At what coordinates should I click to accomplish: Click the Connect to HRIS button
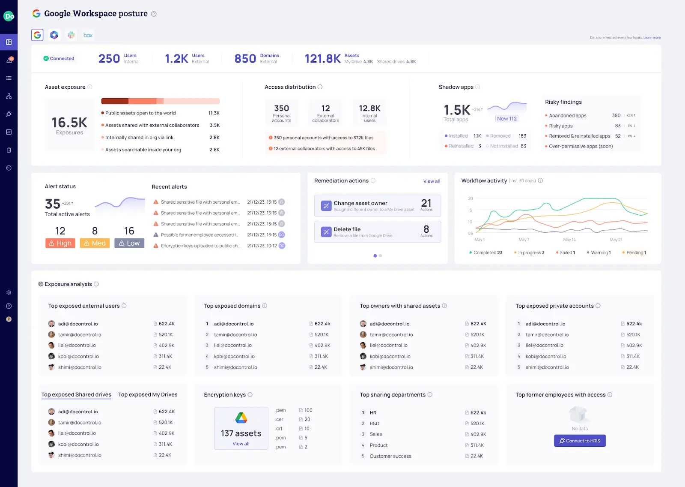580,441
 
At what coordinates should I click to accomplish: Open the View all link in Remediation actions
432,181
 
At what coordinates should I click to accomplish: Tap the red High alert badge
60,243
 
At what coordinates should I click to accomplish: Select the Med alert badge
95,243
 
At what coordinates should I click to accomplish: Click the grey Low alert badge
129,243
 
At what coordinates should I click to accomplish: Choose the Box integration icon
88,35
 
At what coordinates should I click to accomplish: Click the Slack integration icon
71,35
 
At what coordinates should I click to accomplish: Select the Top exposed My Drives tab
148,395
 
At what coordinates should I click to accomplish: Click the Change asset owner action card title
360,203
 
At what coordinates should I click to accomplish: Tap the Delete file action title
347,229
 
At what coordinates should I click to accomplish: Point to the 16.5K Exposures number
69,123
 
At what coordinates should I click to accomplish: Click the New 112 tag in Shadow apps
506,119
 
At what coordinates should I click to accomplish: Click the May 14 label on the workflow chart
569,240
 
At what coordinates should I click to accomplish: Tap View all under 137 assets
241,444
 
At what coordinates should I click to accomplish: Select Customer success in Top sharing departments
390,456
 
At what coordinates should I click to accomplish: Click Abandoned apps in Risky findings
568,116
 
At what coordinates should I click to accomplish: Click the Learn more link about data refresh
652,38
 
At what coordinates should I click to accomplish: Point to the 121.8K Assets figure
322,59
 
